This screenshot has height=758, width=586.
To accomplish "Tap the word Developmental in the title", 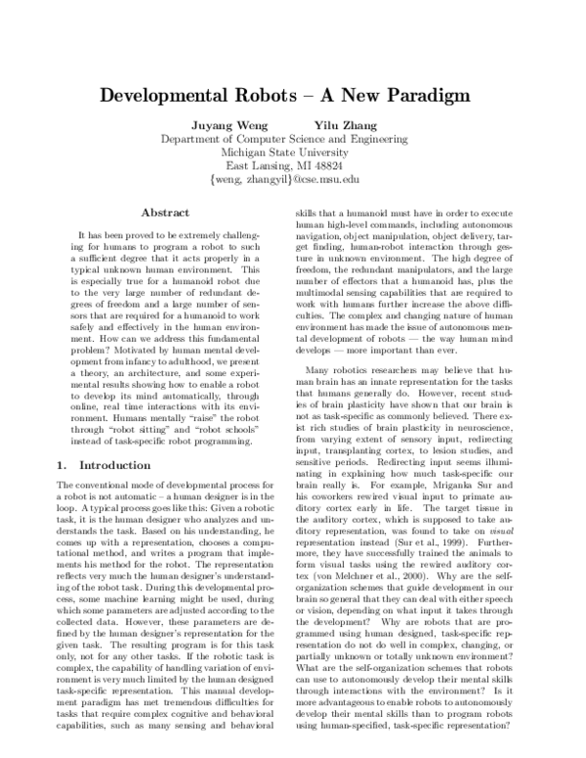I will pos(173,96).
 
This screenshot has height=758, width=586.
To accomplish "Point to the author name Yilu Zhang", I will pos(345,124).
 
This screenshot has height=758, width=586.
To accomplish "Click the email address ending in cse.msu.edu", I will pos(292,181).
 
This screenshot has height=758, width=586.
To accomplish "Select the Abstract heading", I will pos(165,212).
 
